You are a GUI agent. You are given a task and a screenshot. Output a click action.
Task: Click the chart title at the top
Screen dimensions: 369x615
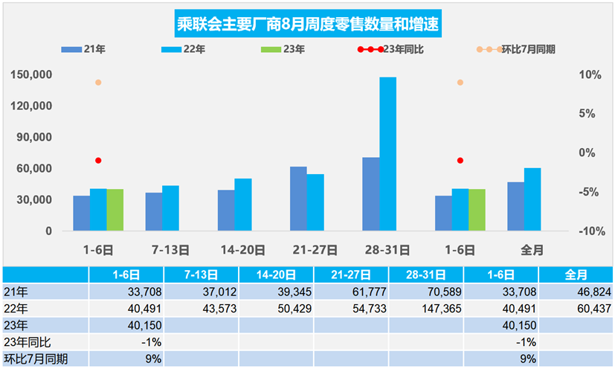pos(307,25)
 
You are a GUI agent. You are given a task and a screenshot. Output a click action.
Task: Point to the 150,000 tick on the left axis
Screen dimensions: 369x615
pos(31,75)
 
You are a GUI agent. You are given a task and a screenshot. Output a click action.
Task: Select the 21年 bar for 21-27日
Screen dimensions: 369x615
pos(298,199)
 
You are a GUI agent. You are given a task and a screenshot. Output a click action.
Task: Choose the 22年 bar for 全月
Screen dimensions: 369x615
pos(532,199)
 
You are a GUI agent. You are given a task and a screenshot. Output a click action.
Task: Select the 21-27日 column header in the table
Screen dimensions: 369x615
pos(350,275)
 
